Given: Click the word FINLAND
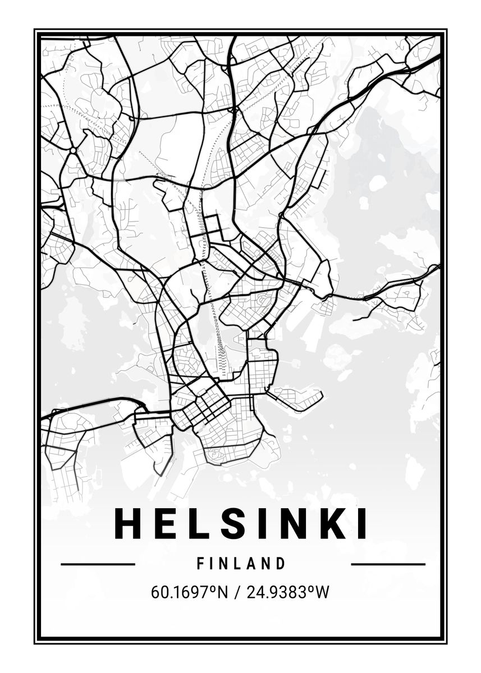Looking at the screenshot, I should tap(241, 564).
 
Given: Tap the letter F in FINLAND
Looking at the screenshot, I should tap(200, 564).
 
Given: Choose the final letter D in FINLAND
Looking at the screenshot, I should tap(281, 564).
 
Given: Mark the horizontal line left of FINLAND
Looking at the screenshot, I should tap(98, 564).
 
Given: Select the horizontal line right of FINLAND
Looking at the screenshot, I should tap(388, 564).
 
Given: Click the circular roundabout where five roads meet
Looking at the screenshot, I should tap(73, 150).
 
